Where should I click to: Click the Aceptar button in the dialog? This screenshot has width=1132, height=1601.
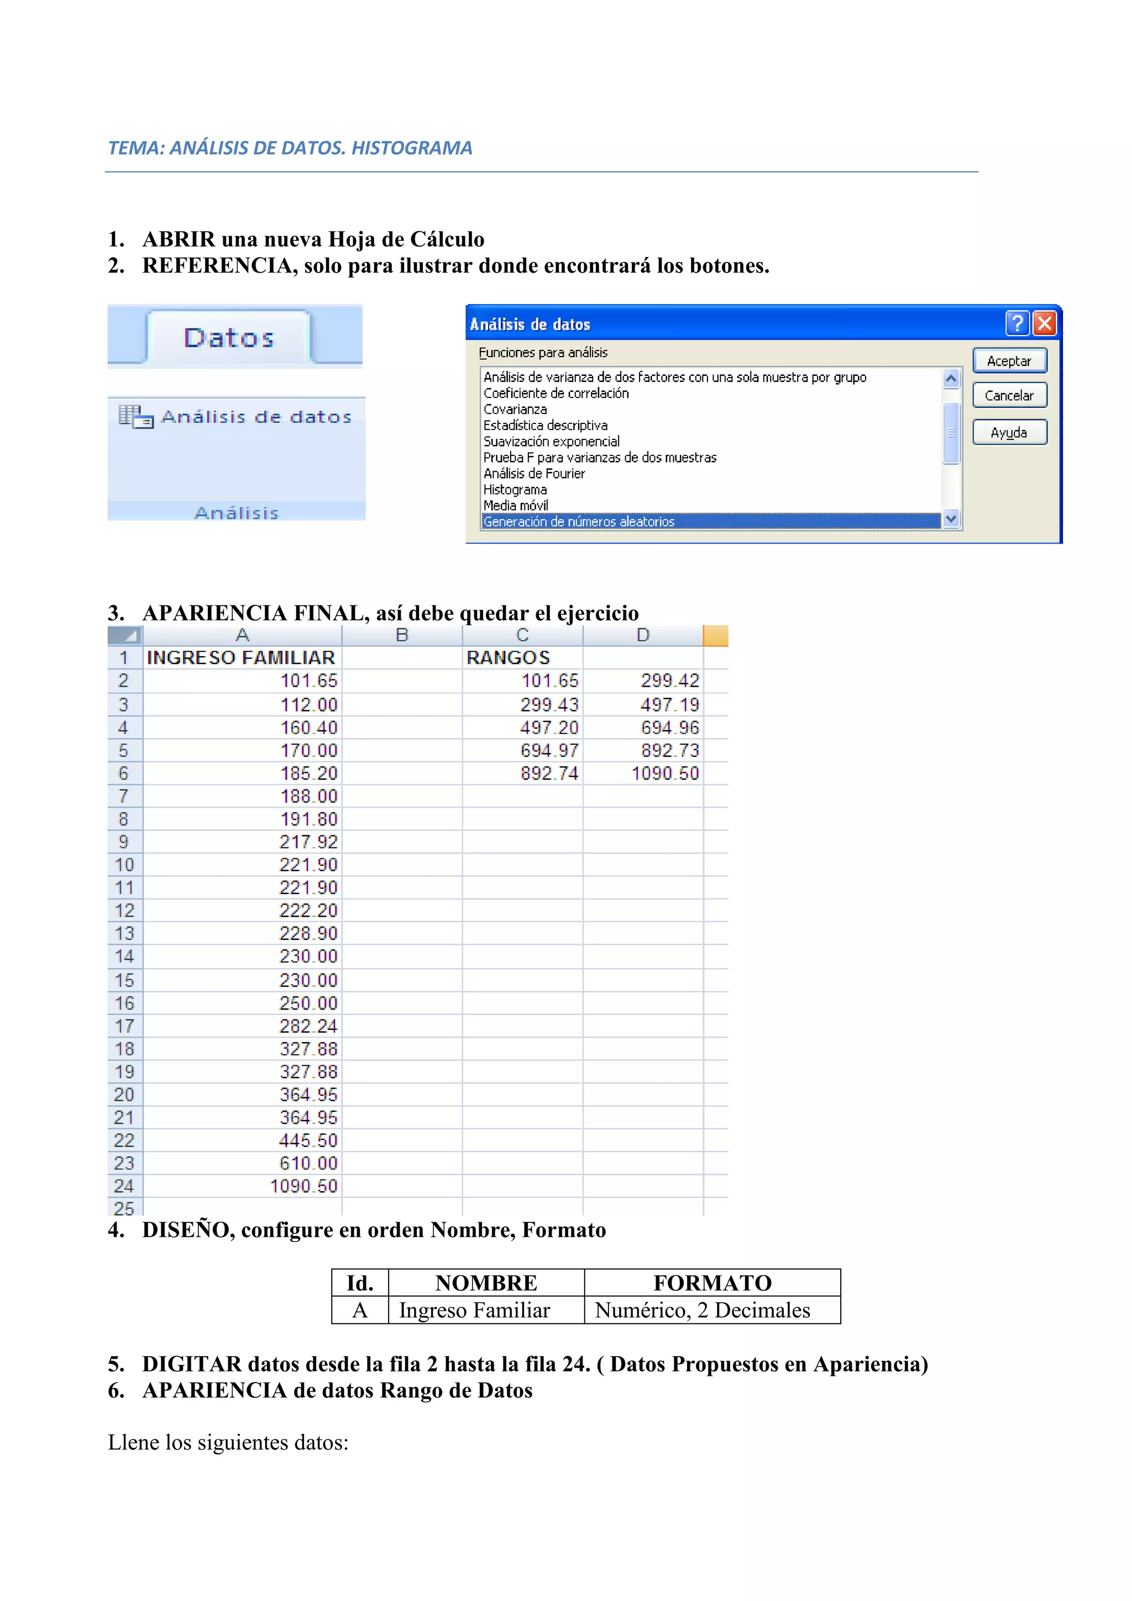[x=1009, y=360]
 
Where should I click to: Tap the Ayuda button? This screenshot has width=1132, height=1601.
[x=1009, y=432]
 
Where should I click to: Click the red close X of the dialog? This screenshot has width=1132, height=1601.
[x=1044, y=323]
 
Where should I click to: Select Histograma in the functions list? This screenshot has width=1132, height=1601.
[x=515, y=489]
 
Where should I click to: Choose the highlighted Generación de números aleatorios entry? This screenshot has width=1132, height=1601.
[x=579, y=521]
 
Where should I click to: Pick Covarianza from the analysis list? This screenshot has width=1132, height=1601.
[x=515, y=409]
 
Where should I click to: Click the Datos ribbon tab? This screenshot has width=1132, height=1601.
[x=229, y=338]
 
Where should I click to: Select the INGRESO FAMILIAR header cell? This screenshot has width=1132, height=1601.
[x=241, y=657]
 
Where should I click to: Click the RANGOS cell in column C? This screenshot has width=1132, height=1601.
[x=508, y=657]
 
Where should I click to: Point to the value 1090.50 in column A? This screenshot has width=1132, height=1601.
[x=304, y=1186]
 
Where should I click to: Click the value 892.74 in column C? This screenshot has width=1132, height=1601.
[x=549, y=773]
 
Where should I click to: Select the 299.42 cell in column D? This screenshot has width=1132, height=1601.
[x=670, y=681]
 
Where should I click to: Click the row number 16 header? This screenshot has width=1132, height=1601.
[x=124, y=1003]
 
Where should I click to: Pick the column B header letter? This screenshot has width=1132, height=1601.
[x=401, y=635]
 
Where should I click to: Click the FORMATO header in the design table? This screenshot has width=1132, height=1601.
[x=712, y=1283]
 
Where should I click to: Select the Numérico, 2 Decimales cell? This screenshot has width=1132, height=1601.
[x=703, y=1310]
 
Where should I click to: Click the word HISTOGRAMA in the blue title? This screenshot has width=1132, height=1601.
[x=412, y=148]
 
